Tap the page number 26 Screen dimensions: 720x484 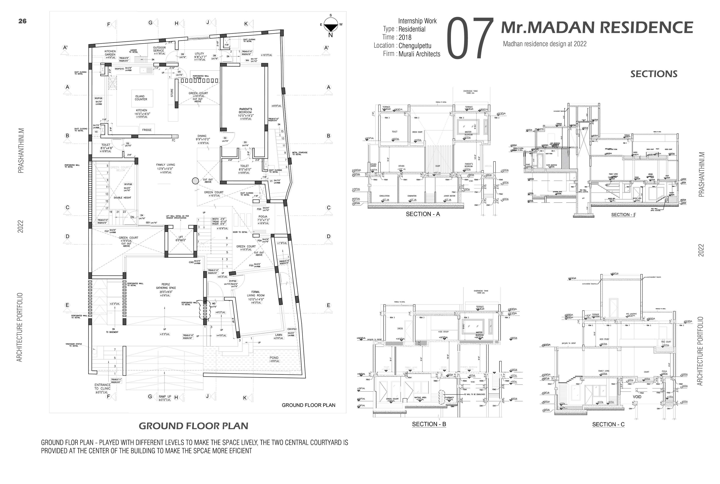click(22, 21)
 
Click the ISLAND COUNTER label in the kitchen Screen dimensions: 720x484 click(141, 98)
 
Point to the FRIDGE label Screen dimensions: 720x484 click(147, 130)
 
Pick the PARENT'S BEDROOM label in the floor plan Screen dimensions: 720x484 click(246, 111)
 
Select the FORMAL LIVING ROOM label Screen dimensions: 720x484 click(256, 295)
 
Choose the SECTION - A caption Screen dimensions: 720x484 click(423, 214)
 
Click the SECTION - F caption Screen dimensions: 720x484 click(623, 215)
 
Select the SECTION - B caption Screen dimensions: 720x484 click(429, 424)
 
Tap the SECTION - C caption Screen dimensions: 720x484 click(608, 424)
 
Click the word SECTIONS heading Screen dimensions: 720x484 click(654, 74)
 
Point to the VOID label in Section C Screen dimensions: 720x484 click(637, 397)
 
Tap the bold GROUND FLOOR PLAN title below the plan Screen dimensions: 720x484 click(193, 426)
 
